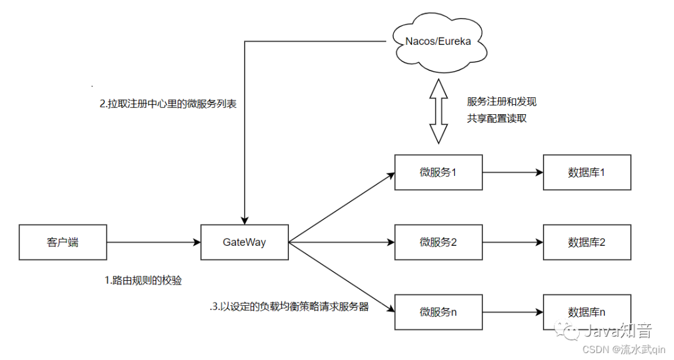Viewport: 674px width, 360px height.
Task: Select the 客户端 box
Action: pos(62,242)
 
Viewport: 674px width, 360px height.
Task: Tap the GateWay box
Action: pos(244,242)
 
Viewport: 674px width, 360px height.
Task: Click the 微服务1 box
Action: pos(438,172)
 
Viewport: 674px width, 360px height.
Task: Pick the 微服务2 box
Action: pos(438,242)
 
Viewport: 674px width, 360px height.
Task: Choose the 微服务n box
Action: pos(438,311)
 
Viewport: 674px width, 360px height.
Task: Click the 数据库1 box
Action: pos(587,172)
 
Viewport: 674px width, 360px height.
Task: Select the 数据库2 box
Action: pos(587,242)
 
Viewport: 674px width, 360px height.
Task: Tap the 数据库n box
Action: pos(587,311)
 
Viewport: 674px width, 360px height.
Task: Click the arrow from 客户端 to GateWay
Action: pos(154,242)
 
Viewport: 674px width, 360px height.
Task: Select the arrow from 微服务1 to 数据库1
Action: pos(512,172)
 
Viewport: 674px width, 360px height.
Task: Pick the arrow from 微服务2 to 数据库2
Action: pos(512,242)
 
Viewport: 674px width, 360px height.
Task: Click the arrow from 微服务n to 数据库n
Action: pos(512,311)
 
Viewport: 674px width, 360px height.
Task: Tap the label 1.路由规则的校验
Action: pos(143,281)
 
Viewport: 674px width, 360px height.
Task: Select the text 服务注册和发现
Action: pos(501,102)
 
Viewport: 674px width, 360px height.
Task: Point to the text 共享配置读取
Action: pos(497,118)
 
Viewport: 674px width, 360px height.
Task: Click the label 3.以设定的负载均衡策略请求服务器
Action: pos(289,307)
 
